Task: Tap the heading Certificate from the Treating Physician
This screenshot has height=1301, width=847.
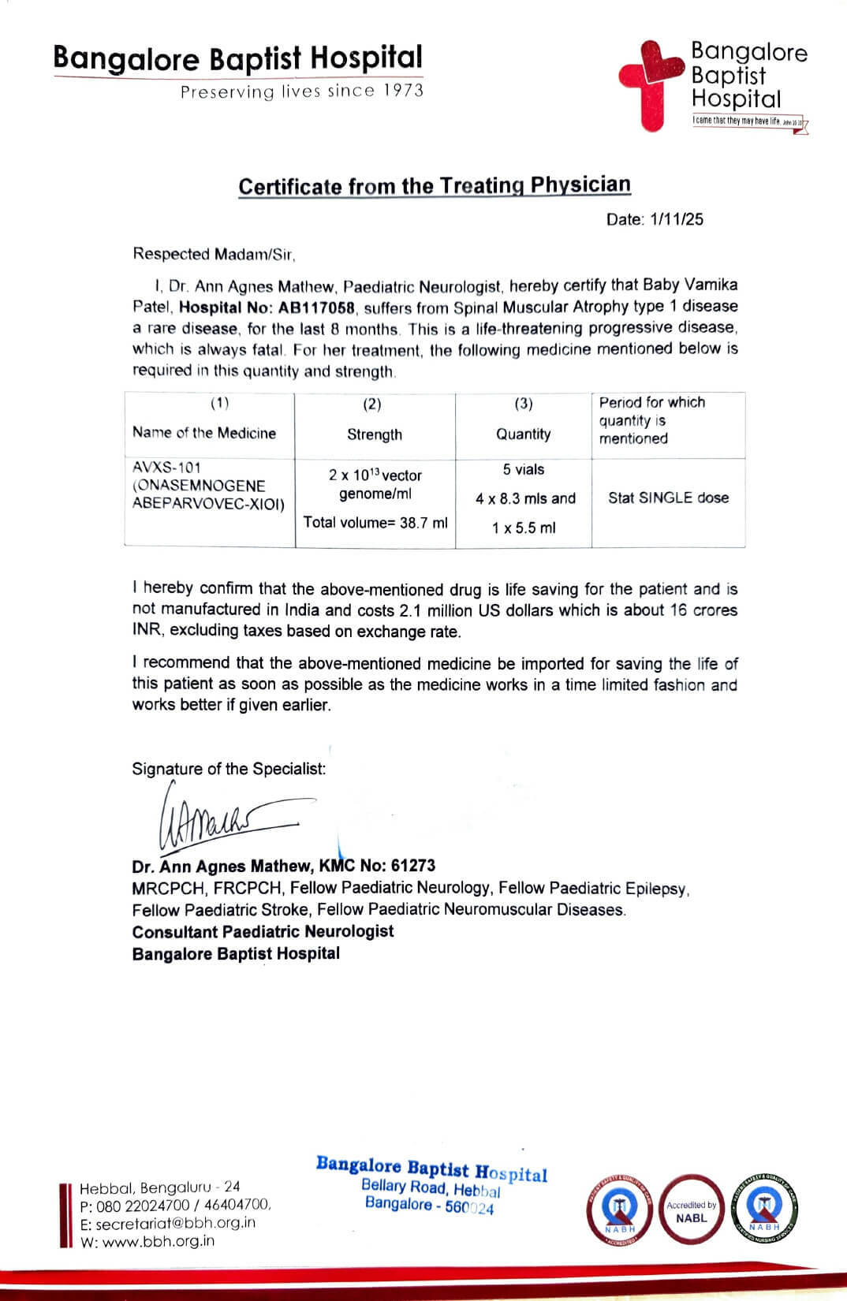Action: (435, 186)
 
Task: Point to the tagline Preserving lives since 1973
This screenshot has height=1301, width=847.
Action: (302, 91)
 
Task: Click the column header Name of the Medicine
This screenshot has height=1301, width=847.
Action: (204, 433)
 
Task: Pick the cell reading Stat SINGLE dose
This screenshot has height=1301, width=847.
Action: (668, 498)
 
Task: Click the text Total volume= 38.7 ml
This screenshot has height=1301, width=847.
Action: (375, 522)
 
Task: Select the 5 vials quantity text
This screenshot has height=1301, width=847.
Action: (524, 470)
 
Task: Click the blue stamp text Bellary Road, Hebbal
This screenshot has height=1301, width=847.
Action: (431, 1187)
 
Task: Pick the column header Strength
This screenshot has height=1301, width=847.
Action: (375, 434)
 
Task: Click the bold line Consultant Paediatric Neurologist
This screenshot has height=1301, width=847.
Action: (263, 931)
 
